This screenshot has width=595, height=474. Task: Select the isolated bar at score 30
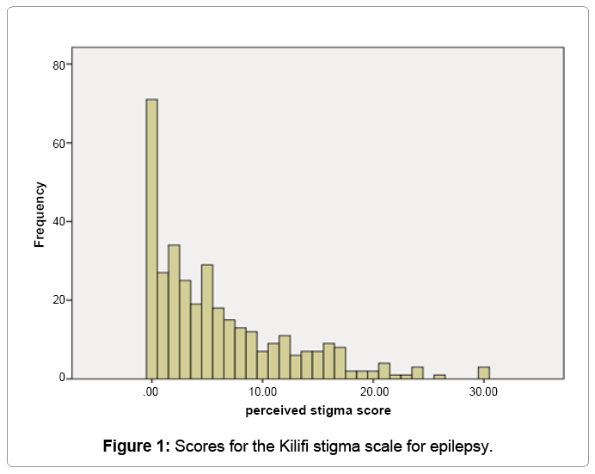(484, 372)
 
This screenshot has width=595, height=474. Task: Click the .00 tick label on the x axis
(151, 392)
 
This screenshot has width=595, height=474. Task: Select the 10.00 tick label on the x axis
(262, 392)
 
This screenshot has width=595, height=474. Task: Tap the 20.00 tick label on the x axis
(373, 392)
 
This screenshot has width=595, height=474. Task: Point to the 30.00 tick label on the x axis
(484, 392)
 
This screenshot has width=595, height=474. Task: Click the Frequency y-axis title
(40, 214)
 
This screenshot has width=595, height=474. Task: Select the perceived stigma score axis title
(318, 410)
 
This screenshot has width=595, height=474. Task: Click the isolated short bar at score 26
(439, 376)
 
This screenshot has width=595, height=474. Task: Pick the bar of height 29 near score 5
(207, 322)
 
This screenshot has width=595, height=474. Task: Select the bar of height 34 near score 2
(174, 312)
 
